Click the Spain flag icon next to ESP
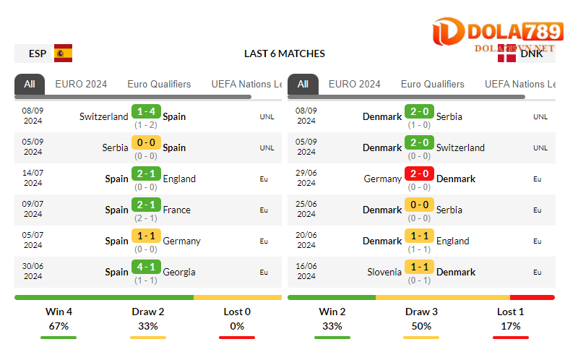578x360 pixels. (64, 53)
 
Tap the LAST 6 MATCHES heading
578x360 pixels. (285, 53)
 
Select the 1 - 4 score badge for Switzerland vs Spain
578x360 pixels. (145, 111)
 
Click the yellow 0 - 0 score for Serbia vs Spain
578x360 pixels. (145, 142)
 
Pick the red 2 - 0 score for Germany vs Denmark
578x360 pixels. (419, 173)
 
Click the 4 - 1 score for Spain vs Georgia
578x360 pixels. (145, 267)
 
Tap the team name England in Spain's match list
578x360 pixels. (179, 179)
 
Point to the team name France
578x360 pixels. (177, 210)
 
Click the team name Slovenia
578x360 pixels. (384, 272)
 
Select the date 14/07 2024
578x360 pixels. (33, 178)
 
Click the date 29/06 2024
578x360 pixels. (306, 178)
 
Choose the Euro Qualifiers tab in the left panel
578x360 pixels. (159, 84)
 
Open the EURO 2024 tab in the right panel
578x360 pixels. (354, 84)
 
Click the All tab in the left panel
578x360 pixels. (29, 84)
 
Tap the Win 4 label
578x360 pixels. (59, 312)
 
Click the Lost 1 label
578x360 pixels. (511, 312)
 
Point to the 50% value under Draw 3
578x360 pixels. (421, 326)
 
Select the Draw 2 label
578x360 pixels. (148, 312)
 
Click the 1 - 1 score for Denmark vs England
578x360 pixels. (419, 236)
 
